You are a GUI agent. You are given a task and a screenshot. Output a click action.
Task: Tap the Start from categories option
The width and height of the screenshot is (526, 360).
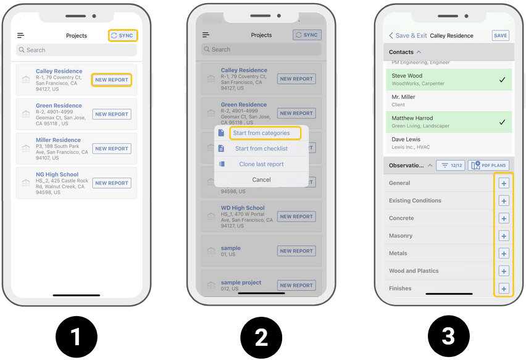[261, 133]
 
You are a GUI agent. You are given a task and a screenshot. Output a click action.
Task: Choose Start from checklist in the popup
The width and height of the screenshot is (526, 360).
[261, 148]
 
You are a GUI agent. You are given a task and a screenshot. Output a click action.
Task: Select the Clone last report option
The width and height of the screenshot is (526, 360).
[261, 164]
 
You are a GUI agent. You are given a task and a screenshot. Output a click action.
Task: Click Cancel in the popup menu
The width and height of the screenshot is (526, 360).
[261, 180]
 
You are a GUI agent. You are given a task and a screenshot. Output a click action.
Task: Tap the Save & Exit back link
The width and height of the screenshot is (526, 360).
[407, 36]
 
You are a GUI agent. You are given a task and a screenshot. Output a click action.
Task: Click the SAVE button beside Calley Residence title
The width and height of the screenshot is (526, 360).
[500, 36]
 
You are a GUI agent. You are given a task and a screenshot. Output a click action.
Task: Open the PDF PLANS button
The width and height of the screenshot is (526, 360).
[488, 165]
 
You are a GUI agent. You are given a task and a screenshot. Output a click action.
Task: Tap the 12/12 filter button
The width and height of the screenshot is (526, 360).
[451, 165]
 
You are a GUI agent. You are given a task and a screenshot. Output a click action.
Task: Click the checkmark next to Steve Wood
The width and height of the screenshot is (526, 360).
[502, 80]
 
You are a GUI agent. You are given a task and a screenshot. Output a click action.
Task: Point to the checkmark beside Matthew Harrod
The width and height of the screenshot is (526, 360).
[502, 122]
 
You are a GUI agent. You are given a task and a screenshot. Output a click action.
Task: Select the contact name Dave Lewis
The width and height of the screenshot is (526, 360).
[406, 139]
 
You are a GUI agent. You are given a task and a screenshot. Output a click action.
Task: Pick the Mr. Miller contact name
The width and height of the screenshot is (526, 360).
[403, 97]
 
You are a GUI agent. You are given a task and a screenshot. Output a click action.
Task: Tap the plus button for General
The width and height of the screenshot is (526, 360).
[504, 183]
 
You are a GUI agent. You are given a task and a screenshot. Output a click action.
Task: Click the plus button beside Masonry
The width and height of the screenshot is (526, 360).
[504, 236]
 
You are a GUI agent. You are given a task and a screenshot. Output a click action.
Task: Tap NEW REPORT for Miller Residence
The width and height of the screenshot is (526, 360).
[112, 149]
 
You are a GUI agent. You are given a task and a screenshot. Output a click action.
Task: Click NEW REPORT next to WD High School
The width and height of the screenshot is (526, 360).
[296, 217]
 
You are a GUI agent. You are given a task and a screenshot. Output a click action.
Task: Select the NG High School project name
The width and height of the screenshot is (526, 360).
[57, 175]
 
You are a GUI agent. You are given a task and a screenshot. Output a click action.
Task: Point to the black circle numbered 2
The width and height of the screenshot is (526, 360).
[261, 337]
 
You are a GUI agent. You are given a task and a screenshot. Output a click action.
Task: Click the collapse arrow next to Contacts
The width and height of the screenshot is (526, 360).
[419, 52]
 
